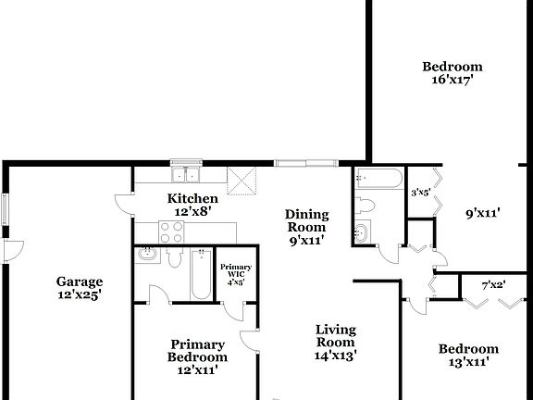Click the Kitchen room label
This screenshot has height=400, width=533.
(x=192, y=198)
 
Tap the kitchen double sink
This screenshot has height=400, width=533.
(x=187, y=174)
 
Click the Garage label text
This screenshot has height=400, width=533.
(x=79, y=281)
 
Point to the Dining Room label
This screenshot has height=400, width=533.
(x=305, y=219)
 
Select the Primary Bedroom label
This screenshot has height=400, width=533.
(x=197, y=350)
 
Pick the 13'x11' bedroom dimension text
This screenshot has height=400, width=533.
(x=468, y=363)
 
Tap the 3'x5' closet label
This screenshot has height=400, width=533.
(x=420, y=193)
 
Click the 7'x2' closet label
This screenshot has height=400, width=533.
(x=493, y=284)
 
